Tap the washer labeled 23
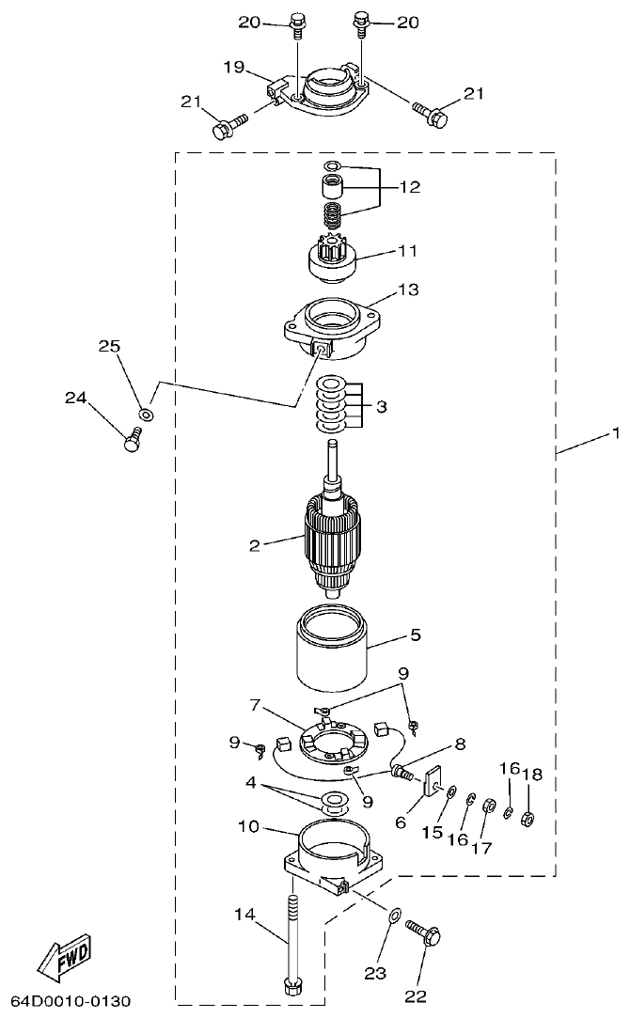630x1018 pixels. [x=393, y=913]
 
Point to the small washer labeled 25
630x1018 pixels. [x=146, y=414]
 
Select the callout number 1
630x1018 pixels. [x=616, y=433]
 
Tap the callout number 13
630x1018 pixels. [x=409, y=290]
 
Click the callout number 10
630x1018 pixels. [x=248, y=826]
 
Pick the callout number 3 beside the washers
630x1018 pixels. [x=379, y=407]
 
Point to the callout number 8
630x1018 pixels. [x=460, y=743]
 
